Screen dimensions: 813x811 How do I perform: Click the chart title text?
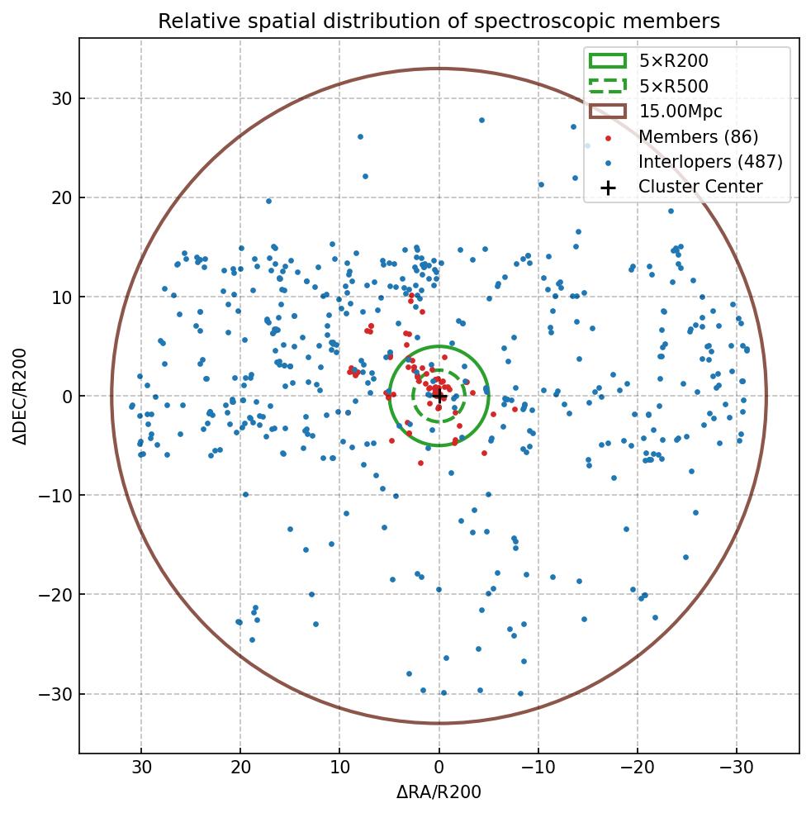(439, 21)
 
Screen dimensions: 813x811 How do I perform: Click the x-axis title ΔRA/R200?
(439, 792)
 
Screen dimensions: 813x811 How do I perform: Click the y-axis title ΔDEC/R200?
(21, 396)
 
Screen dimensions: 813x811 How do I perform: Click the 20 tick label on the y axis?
(63, 197)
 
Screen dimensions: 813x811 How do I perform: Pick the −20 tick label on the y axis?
(59, 594)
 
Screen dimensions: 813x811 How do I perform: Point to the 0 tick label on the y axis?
(67, 396)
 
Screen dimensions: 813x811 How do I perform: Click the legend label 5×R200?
(673, 60)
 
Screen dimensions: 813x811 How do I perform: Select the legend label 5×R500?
(673, 86)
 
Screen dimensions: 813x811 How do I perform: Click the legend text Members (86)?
(698, 136)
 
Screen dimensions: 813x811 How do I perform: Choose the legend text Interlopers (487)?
(710, 162)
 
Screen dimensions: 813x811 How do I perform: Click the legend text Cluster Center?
(700, 187)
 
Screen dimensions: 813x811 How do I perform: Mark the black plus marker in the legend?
(608, 188)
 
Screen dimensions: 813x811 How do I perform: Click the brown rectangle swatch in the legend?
(608, 111)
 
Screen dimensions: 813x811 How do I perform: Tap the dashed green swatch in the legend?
(608, 86)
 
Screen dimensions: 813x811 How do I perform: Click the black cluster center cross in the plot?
(439, 396)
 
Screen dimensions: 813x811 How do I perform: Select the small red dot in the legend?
(608, 137)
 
